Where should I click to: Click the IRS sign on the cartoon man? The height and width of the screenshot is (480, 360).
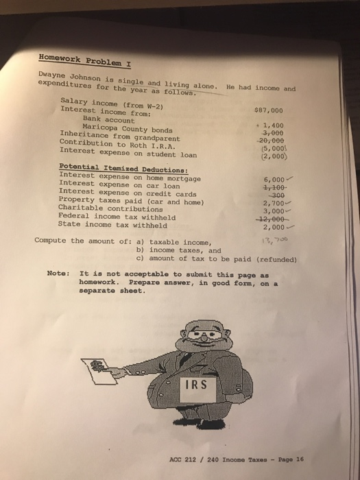[x=195, y=385]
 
